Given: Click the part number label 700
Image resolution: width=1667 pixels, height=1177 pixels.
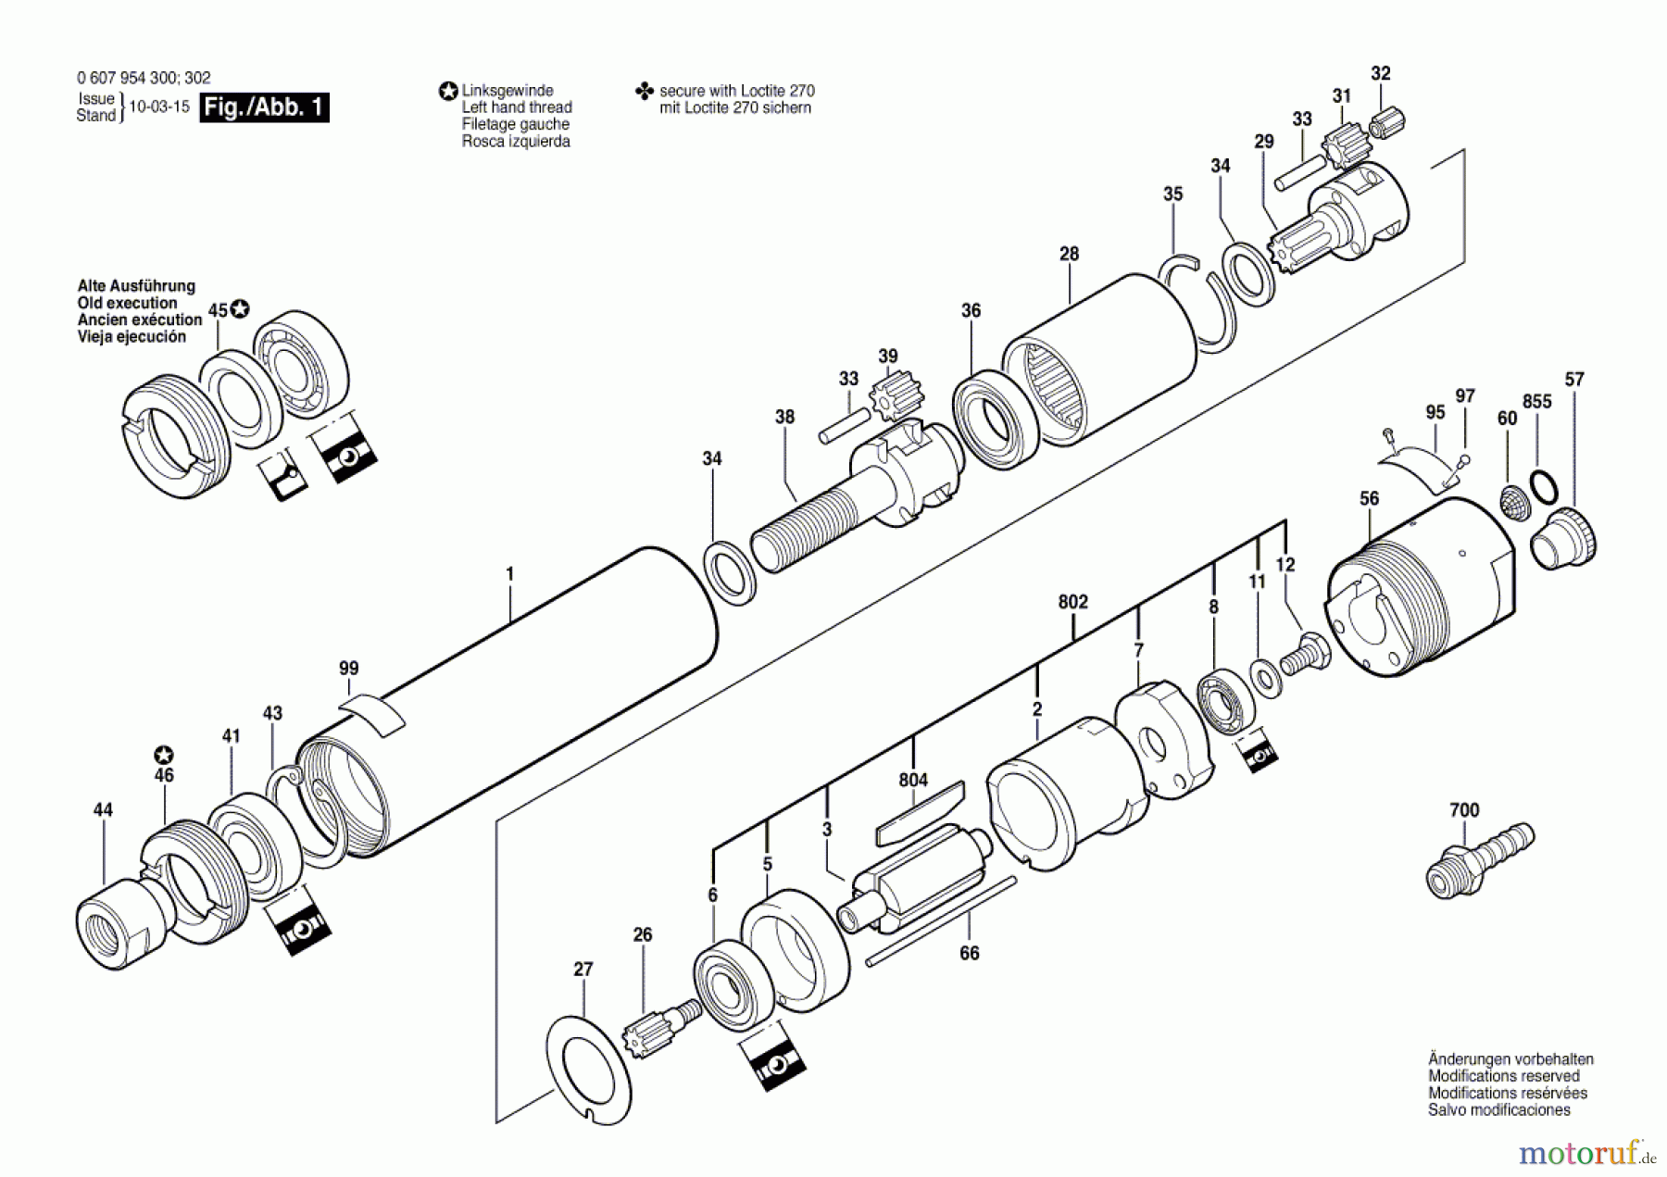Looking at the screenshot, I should (x=1463, y=810).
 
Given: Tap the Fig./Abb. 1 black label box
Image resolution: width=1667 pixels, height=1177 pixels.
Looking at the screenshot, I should (x=265, y=107).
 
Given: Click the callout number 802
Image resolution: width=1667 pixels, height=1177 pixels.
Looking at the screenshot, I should (x=1072, y=602).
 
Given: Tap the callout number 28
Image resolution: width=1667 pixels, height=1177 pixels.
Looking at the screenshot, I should (x=1069, y=254).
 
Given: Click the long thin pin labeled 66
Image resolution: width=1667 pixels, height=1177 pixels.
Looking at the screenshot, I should (x=943, y=921).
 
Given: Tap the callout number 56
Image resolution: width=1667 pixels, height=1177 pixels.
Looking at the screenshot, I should (x=1369, y=499).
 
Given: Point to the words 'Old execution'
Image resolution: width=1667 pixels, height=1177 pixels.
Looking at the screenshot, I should (x=127, y=304).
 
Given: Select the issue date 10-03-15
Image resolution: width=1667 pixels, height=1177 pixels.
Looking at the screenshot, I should (x=158, y=106).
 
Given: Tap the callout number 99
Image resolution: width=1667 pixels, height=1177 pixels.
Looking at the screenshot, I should (x=348, y=669).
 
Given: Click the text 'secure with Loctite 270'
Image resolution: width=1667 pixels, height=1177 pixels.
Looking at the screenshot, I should (x=736, y=91).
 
